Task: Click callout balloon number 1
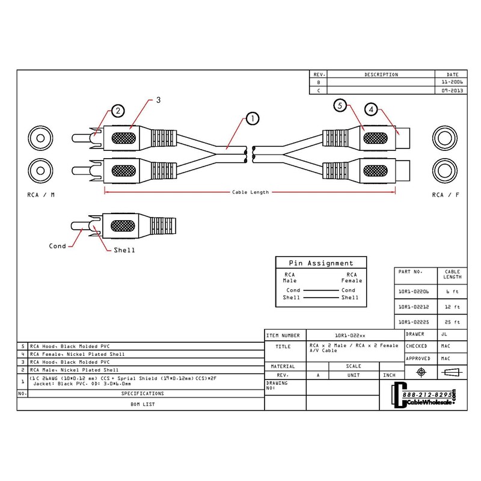pyautogui.click(x=252, y=118)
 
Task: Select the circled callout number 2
pyautogui.click(x=119, y=111)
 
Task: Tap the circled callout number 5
pyautogui.click(x=340, y=106)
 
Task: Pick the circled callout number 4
pyautogui.click(x=372, y=110)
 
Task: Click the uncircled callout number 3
pyautogui.click(x=158, y=100)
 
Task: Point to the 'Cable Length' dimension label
pyautogui.click(x=250, y=192)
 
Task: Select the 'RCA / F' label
pyautogui.click(x=446, y=195)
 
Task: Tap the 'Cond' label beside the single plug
pyautogui.click(x=58, y=246)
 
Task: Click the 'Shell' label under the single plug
pyautogui.click(x=124, y=250)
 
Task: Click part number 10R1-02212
pyautogui.click(x=413, y=306)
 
